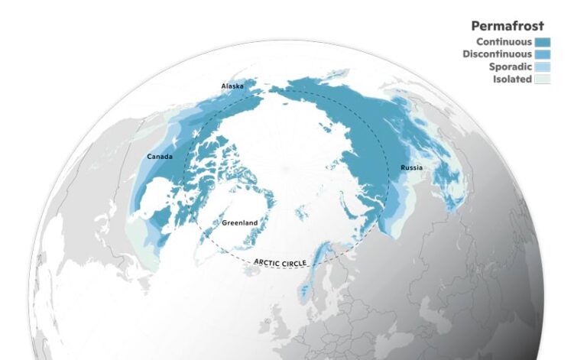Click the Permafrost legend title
pos(507,26)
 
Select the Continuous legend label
pos(504,41)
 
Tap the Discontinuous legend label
pos(497,54)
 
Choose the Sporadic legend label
pos(510,66)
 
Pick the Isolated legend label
pos(511,79)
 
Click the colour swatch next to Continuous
pos(543,42)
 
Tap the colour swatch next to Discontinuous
pos(543,54)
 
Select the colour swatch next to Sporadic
pos(543,66)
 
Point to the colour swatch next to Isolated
pos(543,79)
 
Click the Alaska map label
pos(232,86)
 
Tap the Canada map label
pos(159,157)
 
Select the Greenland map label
pos(239,222)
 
